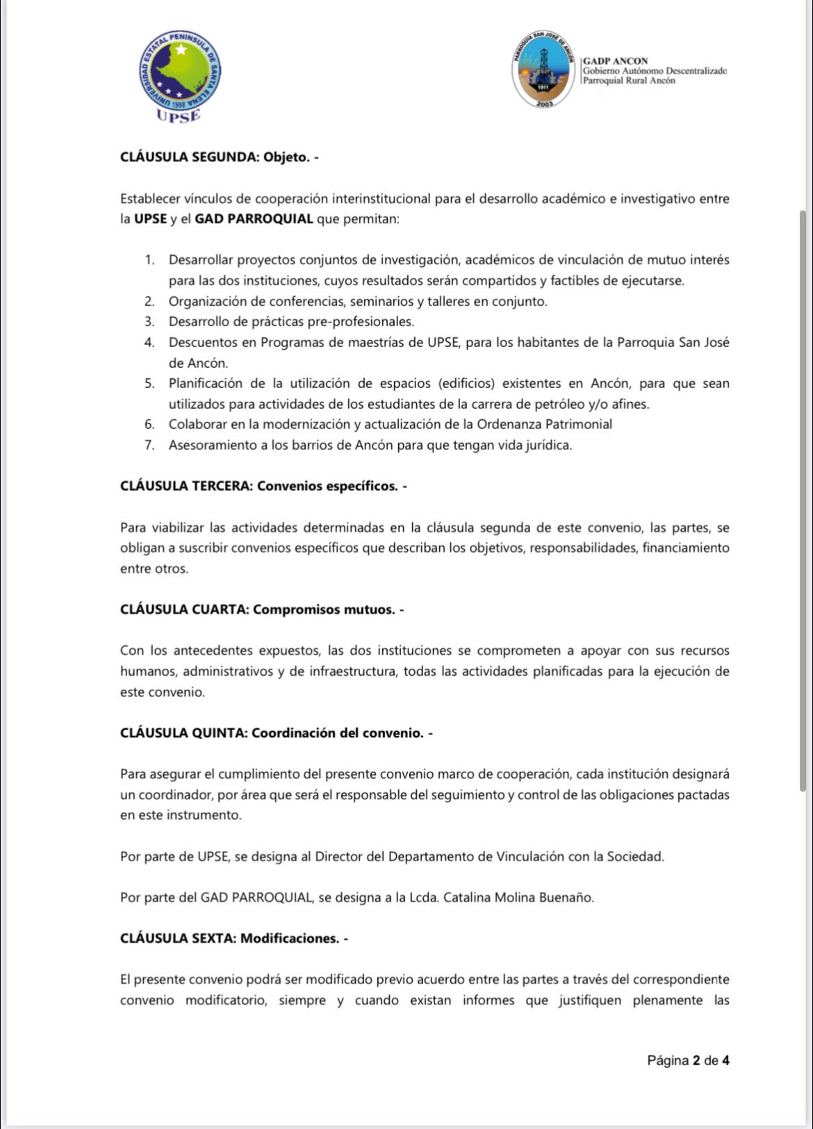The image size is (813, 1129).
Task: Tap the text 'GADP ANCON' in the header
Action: pyautogui.click(x=616, y=61)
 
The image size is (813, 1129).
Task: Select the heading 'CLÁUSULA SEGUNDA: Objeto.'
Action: pyautogui.click(x=219, y=157)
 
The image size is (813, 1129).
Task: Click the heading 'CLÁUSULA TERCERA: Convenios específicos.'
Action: pyautogui.click(x=263, y=486)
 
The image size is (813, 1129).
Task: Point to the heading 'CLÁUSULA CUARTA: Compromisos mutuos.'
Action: pyautogui.click(x=262, y=610)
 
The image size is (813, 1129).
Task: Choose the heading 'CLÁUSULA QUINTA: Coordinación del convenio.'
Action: pyautogui.click(x=277, y=733)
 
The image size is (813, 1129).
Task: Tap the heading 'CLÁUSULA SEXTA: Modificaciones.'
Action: pyautogui.click(x=233, y=939)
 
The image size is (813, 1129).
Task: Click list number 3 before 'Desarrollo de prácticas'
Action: pyautogui.click(x=149, y=322)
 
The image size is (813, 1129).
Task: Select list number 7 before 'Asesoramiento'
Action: pyautogui.click(x=149, y=446)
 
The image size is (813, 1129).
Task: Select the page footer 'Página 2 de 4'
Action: pyautogui.click(x=688, y=1061)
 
